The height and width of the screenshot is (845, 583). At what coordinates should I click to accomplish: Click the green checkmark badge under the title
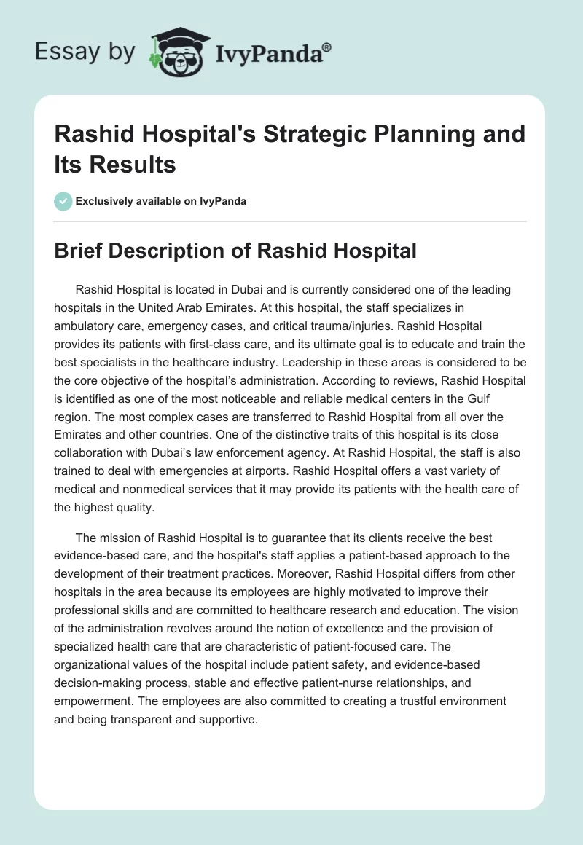[x=63, y=201]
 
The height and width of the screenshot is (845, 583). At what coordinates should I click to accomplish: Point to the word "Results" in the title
[x=134, y=165]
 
